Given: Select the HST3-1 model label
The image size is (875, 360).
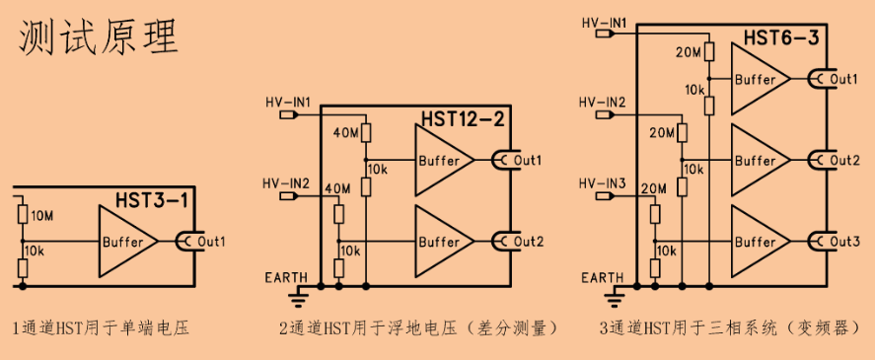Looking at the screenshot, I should coord(153,200).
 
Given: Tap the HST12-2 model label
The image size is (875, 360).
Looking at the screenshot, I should coord(463,119).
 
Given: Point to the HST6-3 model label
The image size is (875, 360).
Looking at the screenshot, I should coord(780,38).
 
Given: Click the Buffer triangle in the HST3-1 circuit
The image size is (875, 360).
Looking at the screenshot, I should coord(124,241).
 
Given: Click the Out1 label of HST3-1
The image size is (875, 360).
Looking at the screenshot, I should coord(211,241).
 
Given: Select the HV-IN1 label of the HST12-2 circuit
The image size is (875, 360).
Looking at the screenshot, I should coord(288,102).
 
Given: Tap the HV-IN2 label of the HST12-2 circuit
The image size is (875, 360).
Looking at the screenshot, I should coord(286,183).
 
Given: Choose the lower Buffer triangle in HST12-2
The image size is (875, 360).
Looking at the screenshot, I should coord(441,241).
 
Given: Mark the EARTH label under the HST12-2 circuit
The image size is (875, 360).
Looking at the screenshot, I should coord(286,277).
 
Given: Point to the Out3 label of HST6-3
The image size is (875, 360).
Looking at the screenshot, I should coord(844,241).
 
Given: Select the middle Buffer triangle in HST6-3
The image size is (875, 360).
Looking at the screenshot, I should coord(758,160).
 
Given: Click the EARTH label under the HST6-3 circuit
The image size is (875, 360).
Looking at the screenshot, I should coord(602,277).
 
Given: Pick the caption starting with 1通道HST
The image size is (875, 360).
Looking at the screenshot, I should coord(101,326).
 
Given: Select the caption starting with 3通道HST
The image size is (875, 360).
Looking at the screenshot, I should coord(728,326).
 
